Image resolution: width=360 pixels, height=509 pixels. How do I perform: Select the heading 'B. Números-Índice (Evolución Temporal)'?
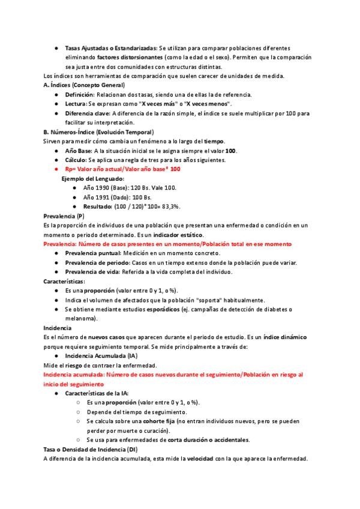99,131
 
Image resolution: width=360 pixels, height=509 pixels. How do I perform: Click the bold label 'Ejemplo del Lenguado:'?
93,178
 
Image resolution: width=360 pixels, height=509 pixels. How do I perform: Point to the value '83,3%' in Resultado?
170,206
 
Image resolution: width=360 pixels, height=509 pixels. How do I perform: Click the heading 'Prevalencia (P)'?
64,215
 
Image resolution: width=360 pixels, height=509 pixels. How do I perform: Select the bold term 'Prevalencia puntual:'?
92,253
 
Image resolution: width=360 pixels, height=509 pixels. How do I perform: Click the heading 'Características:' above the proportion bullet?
64,281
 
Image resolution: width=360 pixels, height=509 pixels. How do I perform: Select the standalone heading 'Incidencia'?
58,328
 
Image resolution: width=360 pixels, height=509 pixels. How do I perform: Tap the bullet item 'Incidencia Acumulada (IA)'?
101,356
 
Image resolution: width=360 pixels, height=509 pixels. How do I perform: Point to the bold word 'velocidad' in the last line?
200,459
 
